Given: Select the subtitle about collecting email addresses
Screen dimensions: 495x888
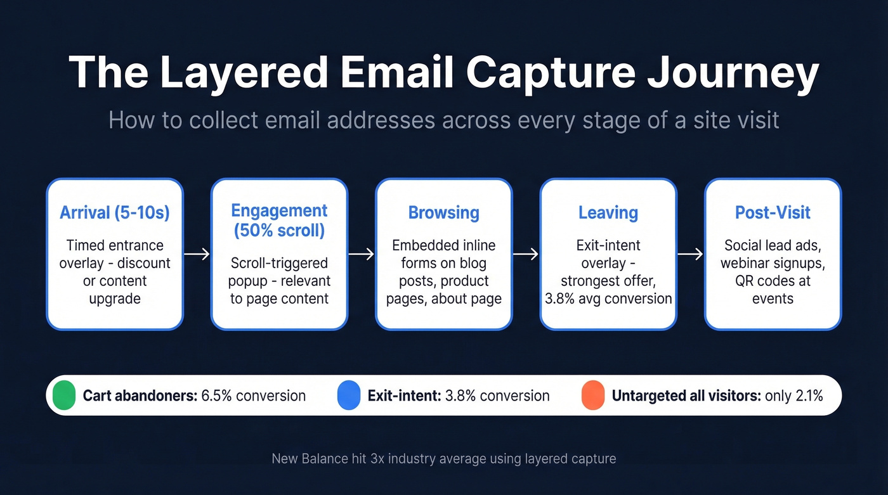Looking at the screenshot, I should [443, 119].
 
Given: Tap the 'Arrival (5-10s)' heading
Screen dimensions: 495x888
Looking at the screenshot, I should [115, 212].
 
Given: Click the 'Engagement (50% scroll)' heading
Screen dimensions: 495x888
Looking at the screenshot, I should [279, 221].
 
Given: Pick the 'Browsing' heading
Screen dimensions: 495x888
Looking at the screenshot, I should [443, 212].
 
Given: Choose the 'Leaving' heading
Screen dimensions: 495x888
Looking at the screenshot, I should [608, 212].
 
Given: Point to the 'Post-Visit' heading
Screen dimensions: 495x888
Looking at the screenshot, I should [773, 212].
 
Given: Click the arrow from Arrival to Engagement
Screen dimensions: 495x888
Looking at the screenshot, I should [197, 254].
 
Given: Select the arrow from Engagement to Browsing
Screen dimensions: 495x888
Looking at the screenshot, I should [362, 254].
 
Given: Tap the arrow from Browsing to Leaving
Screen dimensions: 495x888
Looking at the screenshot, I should [526, 254].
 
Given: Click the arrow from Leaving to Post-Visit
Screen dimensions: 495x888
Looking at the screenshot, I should [690, 254].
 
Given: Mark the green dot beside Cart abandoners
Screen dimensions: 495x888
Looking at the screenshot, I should [64, 395].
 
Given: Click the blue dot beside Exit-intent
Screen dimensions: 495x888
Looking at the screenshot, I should [348, 395].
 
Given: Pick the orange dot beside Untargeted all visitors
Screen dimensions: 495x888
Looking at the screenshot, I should [592, 395].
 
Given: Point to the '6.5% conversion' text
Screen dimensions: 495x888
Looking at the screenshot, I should [253, 396].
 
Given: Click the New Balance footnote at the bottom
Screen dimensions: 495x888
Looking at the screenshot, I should [443, 458].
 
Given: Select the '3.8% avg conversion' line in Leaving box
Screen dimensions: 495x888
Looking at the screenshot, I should [608, 299].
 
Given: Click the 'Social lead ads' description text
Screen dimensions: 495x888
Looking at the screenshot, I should [773, 245].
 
